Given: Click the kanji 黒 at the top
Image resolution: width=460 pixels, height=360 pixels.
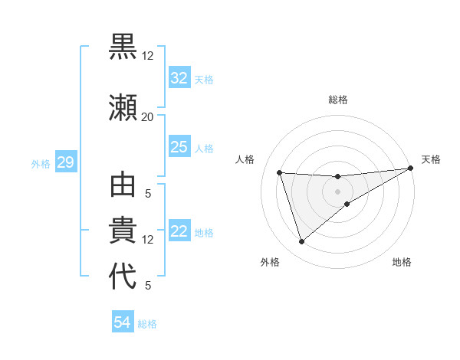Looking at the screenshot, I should pos(123,47).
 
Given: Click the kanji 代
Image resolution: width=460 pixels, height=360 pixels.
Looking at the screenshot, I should pos(123,277).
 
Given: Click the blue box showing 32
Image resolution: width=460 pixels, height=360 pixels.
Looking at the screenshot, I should pos(179,78).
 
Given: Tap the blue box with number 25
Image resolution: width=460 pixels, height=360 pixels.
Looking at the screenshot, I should pos(179,147).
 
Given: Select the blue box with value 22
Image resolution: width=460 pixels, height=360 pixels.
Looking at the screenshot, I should pos(179,232).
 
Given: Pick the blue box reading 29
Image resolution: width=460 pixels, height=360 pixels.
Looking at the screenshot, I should pos(65,162).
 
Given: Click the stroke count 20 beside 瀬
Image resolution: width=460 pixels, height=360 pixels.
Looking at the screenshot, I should pos(147,116).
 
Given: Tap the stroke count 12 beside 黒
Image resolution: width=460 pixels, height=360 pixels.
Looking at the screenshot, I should pos(147,56).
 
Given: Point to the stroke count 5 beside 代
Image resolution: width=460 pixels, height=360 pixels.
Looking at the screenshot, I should pos(147,286).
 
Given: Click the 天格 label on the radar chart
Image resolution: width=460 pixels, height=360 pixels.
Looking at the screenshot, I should pos(431,159).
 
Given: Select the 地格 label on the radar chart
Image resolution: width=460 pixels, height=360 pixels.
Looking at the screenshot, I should pos(402,262).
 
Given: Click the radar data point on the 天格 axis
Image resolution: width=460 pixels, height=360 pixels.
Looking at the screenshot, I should pos(411,169).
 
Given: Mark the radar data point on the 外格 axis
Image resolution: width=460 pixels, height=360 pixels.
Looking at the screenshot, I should pos(301,242).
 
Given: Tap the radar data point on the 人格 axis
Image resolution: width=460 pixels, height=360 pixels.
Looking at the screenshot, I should pos(280,172).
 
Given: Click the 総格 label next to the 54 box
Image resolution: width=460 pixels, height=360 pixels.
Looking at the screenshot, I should pos(147,324).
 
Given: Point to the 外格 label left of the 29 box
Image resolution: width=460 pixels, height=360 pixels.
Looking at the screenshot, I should pos(40,163).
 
